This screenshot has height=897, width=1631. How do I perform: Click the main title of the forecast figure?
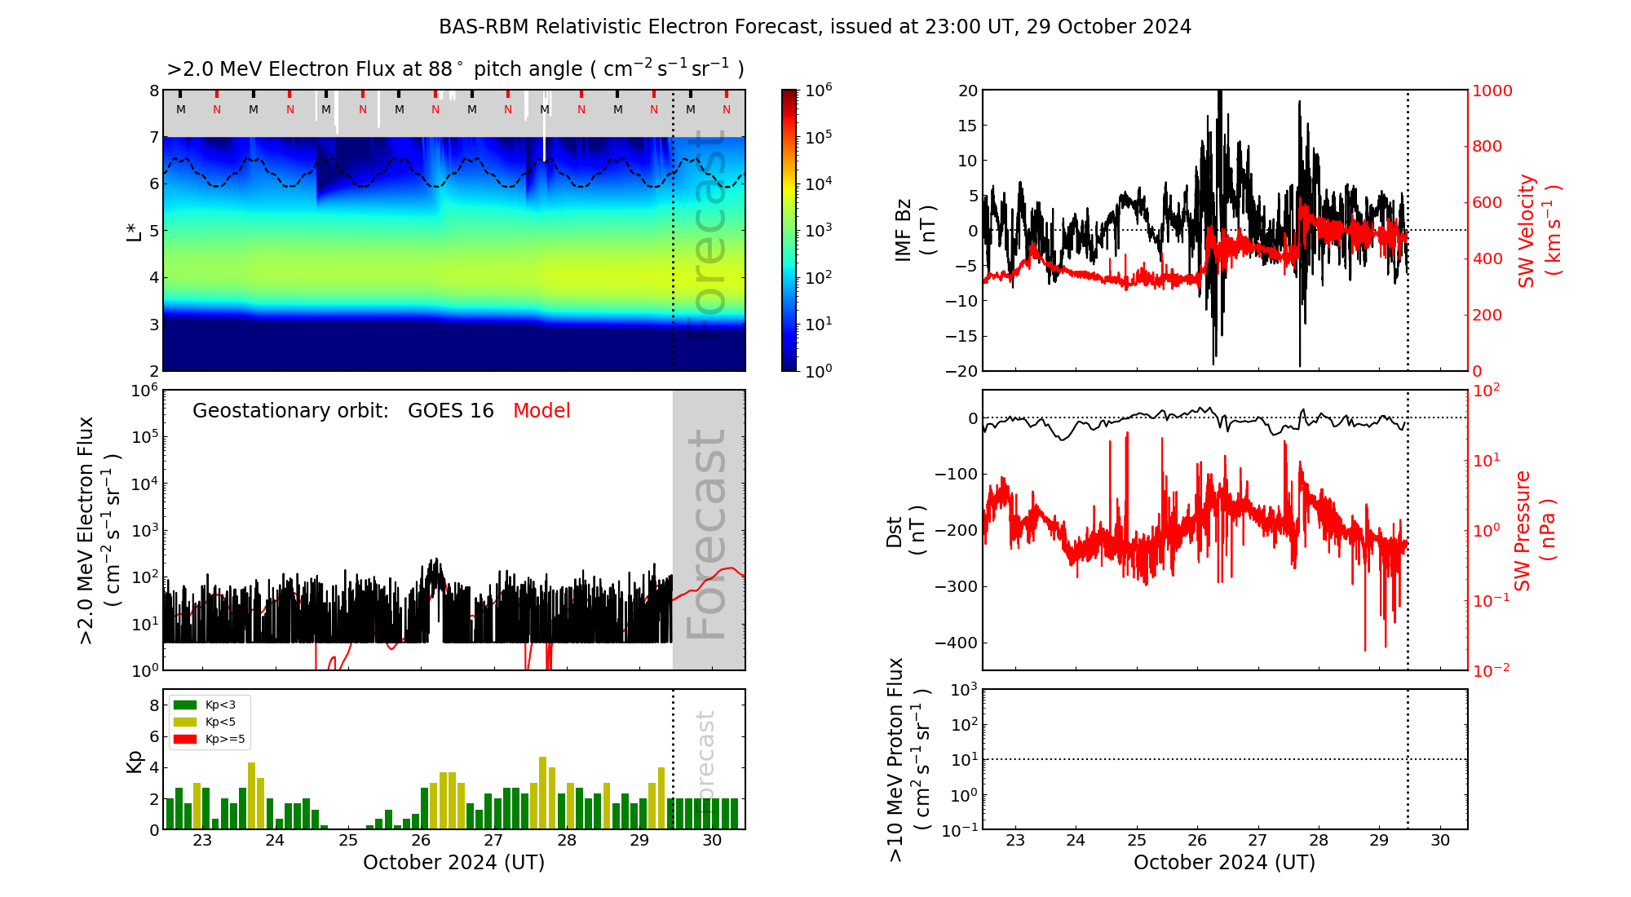click(x=815, y=27)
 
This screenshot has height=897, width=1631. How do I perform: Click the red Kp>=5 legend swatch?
click(x=185, y=740)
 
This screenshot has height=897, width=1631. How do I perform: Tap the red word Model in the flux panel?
click(x=541, y=411)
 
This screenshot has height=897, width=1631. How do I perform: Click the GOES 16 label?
click(x=451, y=411)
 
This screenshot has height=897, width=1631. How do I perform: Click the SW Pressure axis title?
click(x=1534, y=531)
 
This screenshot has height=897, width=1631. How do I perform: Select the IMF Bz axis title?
click(x=913, y=231)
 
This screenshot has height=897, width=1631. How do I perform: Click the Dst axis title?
click(x=904, y=531)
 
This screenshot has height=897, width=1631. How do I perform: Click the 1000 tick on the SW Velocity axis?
click(x=1492, y=91)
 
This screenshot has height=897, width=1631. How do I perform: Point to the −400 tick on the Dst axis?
click(x=956, y=643)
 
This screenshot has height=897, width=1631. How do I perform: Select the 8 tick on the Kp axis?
click(x=154, y=705)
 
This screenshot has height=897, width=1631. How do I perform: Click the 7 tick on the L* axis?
click(x=154, y=137)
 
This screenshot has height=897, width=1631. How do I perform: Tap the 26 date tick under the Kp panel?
click(x=421, y=841)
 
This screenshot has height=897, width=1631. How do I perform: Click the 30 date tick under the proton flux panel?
click(x=1440, y=841)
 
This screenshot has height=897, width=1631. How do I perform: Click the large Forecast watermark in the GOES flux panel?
click(x=707, y=534)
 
